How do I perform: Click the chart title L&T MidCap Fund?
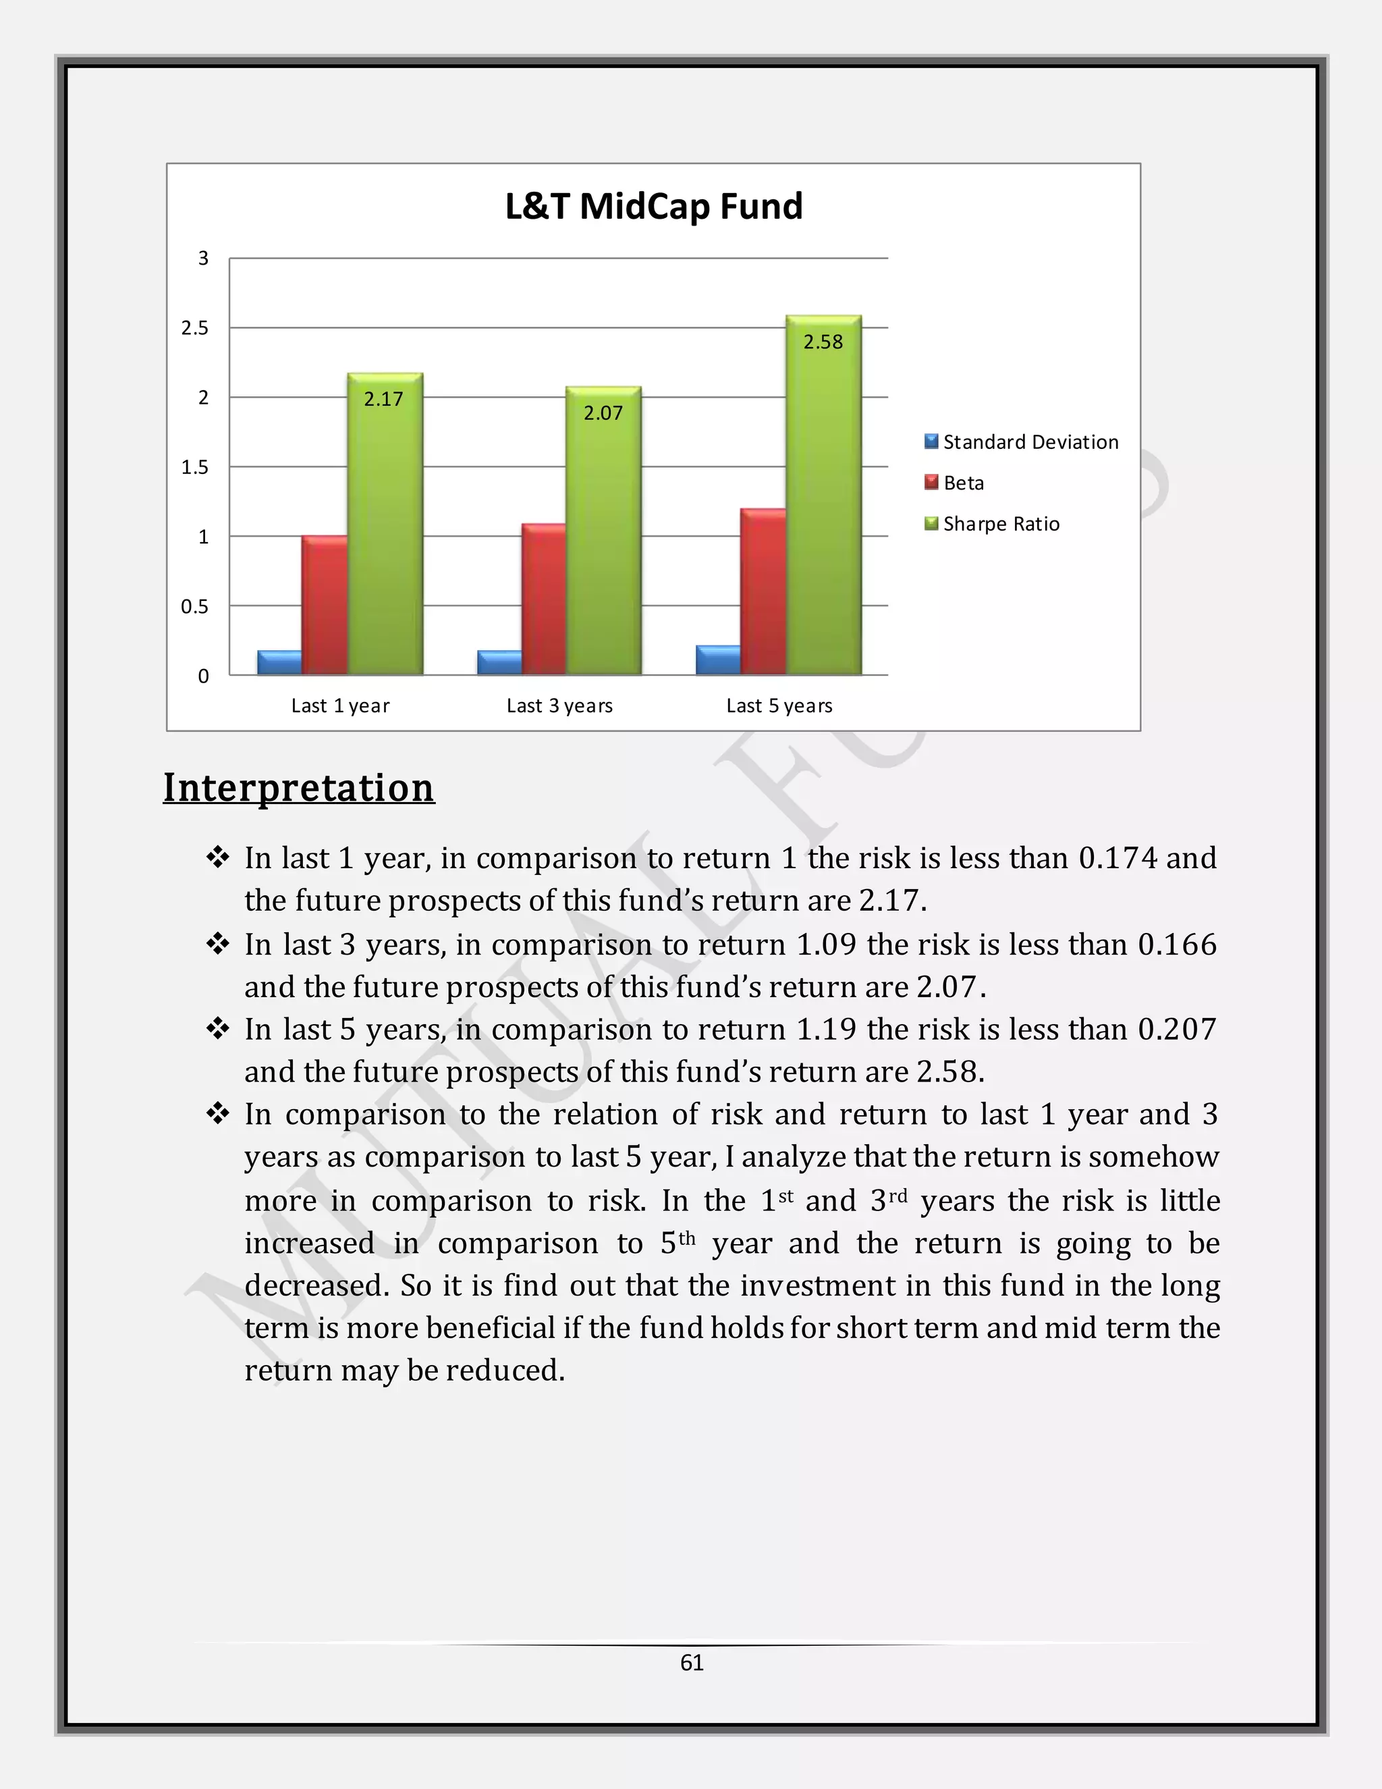tap(653, 207)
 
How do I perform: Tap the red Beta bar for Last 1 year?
tap(324, 606)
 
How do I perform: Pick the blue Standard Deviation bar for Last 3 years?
tap(499, 663)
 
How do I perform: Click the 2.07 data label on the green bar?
tap(603, 414)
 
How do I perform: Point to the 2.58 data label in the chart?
tap(823, 342)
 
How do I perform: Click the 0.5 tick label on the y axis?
tap(195, 607)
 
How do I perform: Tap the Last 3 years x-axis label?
tap(559, 706)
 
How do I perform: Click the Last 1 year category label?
tap(341, 706)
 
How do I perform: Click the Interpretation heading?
tap(299, 788)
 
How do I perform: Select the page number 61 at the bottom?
tap(692, 1662)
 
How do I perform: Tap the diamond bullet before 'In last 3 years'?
tap(218, 944)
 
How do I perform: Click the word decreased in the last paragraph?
tap(316, 1286)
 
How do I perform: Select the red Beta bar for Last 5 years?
tap(763, 592)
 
